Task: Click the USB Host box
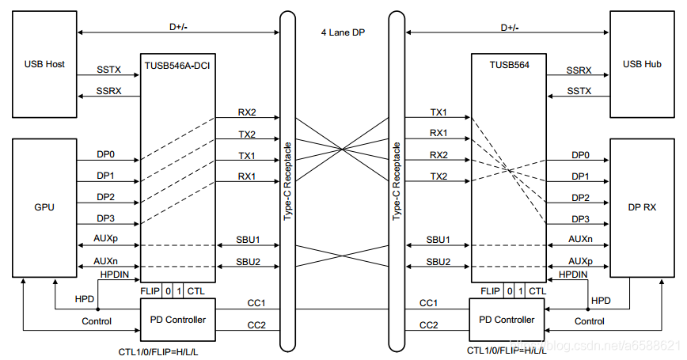(x=44, y=63)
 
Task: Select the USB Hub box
(x=643, y=63)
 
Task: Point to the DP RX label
(x=643, y=207)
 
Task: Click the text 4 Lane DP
(x=342, y=32)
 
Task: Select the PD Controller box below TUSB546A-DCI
(x=177, y=320)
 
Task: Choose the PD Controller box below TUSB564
(x=506, y=320)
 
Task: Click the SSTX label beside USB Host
(x=108, y=70)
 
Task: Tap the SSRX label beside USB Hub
(x=580, y=70)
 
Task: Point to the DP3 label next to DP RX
(x=580, y=218)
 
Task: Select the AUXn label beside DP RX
(x=580, y=239)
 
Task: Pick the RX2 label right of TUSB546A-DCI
(x=247, y=112)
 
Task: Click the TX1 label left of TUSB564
(x=438, y=112)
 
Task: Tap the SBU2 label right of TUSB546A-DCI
(x=248, y=261)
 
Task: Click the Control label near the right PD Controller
(x=589, y=321)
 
